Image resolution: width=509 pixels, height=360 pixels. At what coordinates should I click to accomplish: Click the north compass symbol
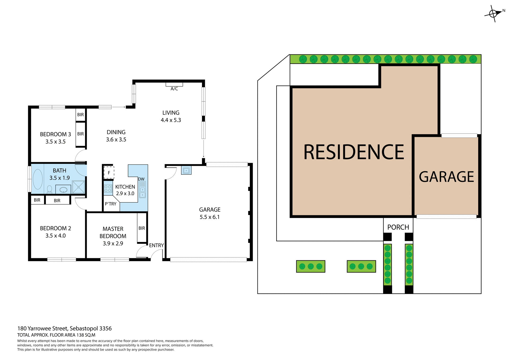pos(493,14)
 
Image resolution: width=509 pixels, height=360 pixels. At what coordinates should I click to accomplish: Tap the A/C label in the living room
pos(174,89)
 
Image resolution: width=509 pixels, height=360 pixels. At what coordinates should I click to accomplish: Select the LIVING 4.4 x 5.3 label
pos(171,116)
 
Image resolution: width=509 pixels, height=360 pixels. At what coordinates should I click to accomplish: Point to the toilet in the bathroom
pos(49,189)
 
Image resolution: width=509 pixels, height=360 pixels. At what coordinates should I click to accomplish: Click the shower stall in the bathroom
pos(78,187)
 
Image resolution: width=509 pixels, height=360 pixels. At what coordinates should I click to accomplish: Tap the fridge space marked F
pos(109,173)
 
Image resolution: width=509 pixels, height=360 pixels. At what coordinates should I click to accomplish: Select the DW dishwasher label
pos(141,179)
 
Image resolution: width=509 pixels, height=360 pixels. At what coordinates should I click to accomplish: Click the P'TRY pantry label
pos(111,204)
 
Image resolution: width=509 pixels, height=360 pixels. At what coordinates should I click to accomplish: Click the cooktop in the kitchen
pos(108,188)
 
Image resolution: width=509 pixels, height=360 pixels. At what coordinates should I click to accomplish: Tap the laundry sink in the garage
pos(186,170)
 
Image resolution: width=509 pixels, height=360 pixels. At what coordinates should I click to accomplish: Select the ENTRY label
pos(156,245)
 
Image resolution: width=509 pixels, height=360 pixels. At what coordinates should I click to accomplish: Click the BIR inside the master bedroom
pos(142,228)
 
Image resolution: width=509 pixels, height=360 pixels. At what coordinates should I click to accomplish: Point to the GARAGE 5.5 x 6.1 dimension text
pos(209,217)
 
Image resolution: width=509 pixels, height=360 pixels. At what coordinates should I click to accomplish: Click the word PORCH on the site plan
pos(398,227)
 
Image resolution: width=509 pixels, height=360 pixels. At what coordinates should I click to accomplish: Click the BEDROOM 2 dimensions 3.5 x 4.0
pos(55,236)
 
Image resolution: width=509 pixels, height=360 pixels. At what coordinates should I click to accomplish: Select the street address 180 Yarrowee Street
pos(64,328)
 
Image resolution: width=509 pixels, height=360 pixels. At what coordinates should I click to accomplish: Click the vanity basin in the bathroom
pos(63,190)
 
